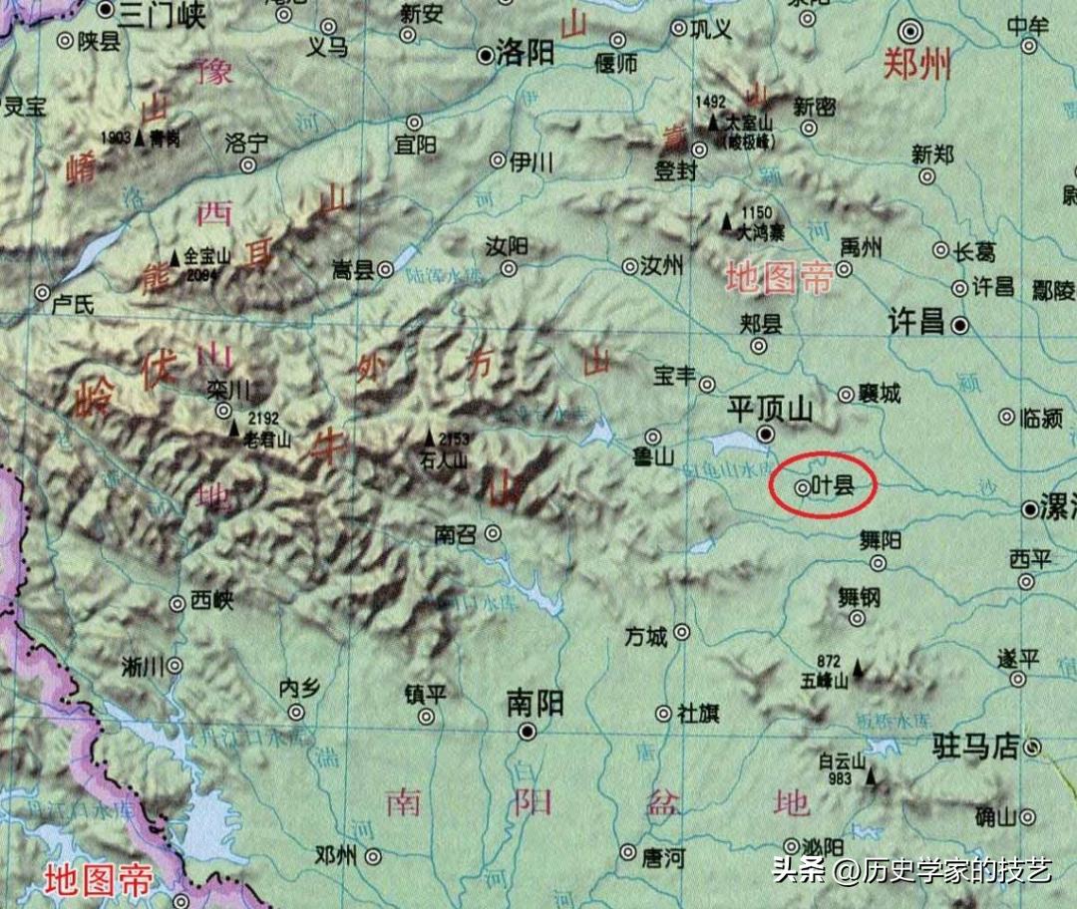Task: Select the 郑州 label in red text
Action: [x=916, y=66]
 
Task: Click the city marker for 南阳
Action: [x=528, y=733]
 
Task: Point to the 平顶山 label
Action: [x=771, y=409]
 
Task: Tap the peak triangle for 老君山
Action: [x=234, y=428]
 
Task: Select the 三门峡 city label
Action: [x=161, y=13]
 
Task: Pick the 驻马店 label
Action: [x=975, y=746]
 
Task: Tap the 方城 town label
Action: [x=645, y=635]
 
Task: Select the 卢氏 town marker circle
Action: [x=42, y=293]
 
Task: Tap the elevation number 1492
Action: [x=711, y=101]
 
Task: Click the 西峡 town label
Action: [x=211, y=601]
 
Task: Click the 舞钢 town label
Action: [x=859, y=597]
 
